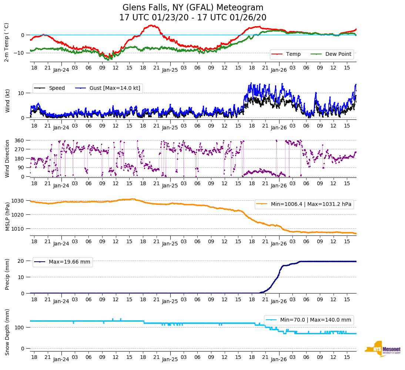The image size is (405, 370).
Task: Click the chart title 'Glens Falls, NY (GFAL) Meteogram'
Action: (x=193, y=8)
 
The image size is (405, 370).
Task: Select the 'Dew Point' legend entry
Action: (x=339, y=54)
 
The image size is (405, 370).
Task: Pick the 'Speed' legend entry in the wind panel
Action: (x=57, y=88)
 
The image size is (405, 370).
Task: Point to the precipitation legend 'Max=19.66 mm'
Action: (x=69, y=262)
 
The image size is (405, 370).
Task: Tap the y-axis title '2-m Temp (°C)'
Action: (x=7, y=42)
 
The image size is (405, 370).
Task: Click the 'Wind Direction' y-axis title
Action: (x=7, y=158)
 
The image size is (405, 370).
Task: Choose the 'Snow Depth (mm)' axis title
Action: (x=7, y=332)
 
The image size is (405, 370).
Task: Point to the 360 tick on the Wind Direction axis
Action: (x=20, y=140)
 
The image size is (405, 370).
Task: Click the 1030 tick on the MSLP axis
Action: (x=18, y=201)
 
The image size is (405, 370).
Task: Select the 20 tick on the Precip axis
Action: (x=21, y=261)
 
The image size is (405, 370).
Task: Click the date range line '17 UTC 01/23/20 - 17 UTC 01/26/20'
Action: (x=193, y=18)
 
